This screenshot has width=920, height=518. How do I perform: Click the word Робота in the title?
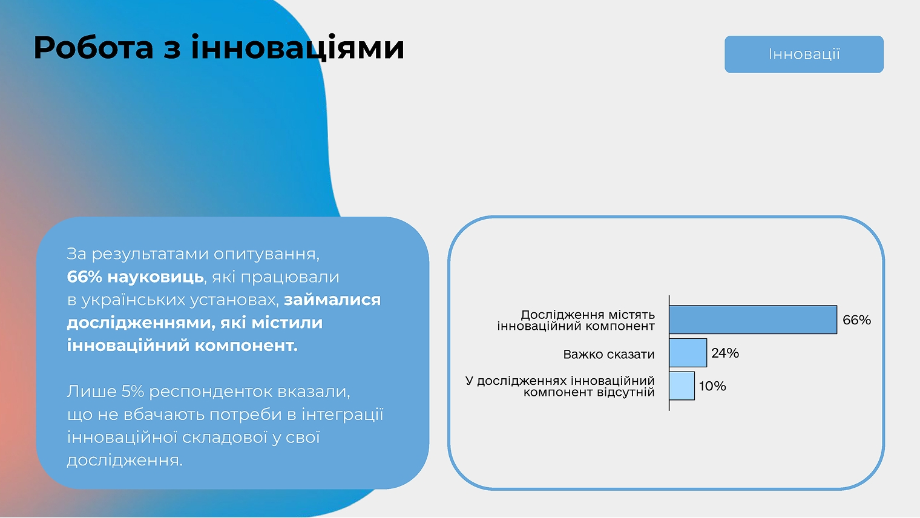pos(93,48)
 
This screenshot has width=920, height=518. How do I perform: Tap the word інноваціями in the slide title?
pos(297,48)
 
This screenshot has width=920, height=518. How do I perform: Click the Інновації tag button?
pos(804,54)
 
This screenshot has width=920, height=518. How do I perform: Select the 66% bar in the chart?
pos(752,320)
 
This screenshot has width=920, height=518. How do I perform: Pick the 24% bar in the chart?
pos(688,353)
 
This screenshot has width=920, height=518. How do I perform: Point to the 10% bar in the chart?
pos(682,386)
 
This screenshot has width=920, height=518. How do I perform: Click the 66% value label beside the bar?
pos(856,320)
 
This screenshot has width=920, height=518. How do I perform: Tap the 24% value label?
pos(725,353)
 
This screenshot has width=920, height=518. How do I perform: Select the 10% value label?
pos(712,386)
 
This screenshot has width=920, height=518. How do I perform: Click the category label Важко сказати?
pos(608,355)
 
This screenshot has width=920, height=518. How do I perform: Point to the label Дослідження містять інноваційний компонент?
pos(576,321)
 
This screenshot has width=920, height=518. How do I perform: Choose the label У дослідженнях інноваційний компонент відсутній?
pos(560,387)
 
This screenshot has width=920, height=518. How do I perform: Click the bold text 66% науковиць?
pos(135,277)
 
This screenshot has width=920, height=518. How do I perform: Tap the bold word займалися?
pos(332,300)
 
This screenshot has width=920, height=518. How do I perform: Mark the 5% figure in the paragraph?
pos(133,392)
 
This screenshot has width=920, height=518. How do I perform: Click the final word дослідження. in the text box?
pos(125,461)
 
